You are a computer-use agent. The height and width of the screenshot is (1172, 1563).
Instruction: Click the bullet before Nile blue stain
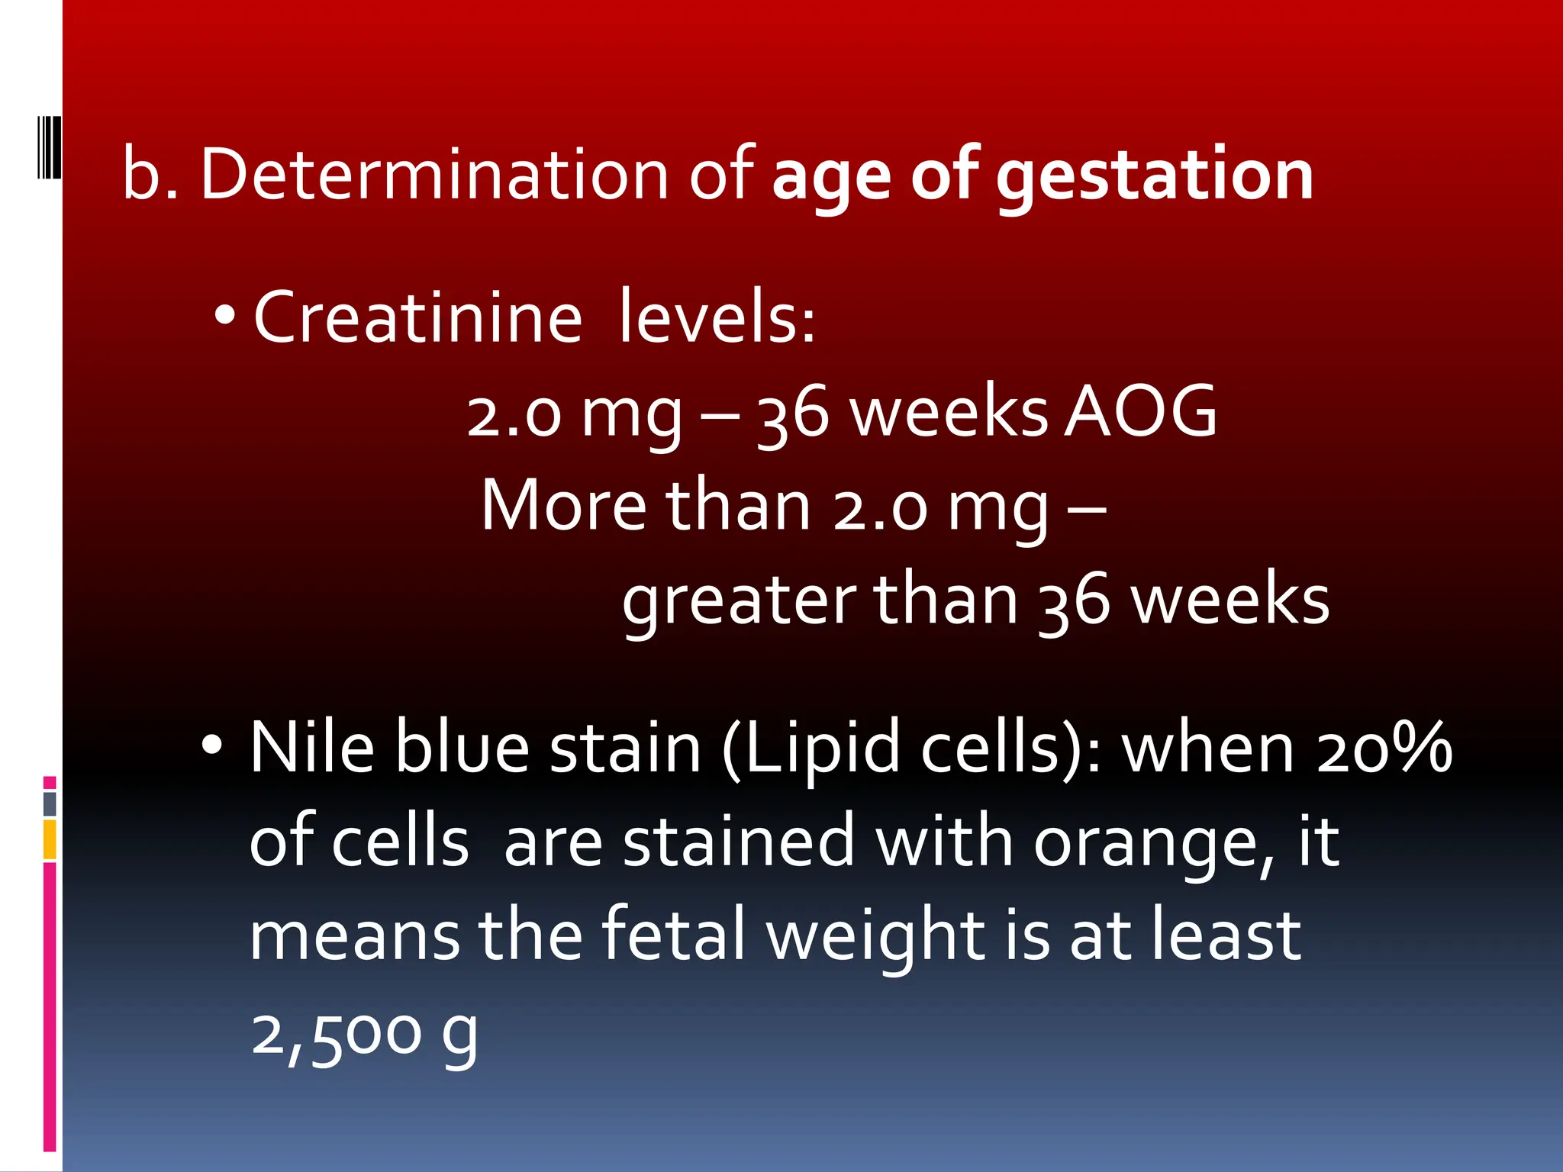point(212,745)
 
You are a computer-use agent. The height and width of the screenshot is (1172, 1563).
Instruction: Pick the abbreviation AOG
point(1140,412)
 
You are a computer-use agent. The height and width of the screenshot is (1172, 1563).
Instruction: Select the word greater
point(738,601)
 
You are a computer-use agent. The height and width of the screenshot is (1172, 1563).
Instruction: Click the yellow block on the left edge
point(50,839)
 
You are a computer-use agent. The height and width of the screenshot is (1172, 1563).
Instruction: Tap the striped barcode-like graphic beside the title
point(50,147)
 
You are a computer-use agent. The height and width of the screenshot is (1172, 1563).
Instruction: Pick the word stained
point(738,842)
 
